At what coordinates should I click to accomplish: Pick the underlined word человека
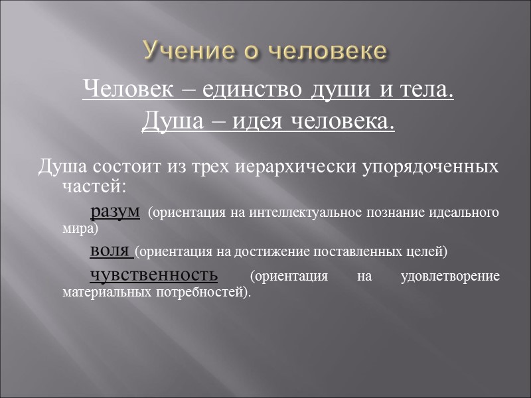coord(344,122)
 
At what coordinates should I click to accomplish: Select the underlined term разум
coord(115,212)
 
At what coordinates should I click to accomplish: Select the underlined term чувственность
coord(153,274)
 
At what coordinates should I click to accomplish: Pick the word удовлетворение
coord(451,276)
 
